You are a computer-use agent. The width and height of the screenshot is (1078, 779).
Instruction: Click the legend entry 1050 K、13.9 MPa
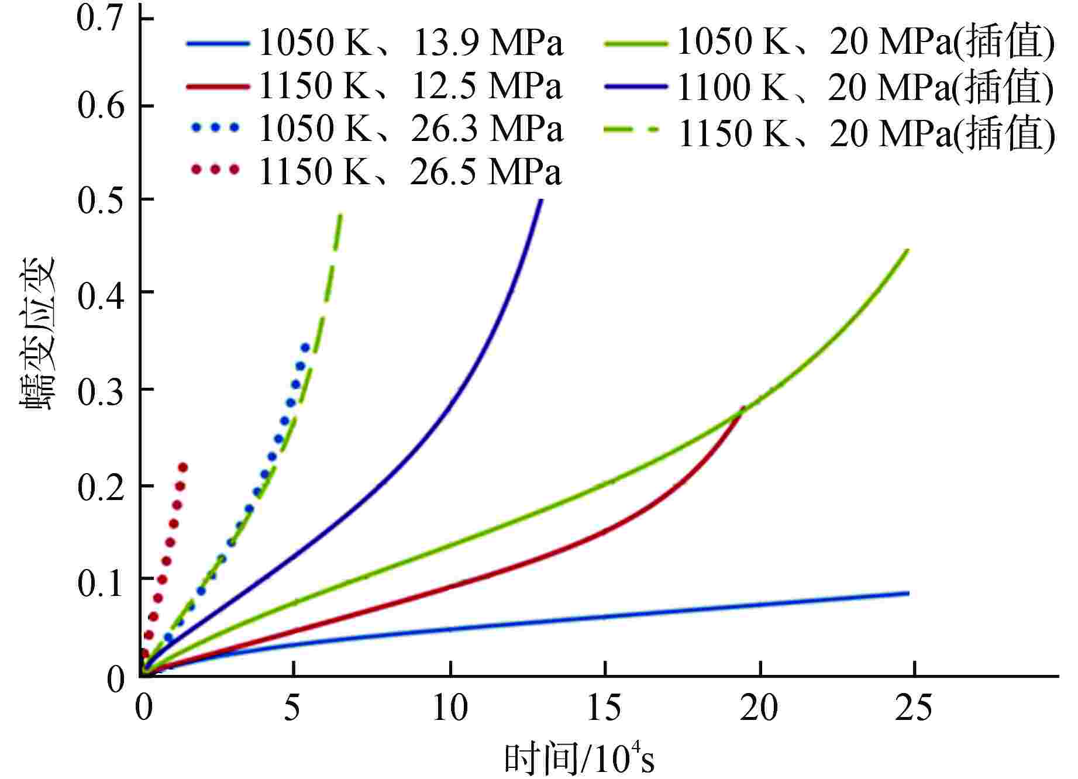(x=411, y=43)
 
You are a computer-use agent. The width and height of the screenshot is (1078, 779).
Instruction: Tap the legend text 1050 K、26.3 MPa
(x=411, y=129)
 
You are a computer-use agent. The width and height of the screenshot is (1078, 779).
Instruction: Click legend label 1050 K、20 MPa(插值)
(x=866, y=43)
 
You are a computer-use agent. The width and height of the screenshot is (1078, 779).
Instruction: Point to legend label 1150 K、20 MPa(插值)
(x=866, y=133)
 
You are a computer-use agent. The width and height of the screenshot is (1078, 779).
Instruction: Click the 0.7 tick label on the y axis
(x=100, y=18)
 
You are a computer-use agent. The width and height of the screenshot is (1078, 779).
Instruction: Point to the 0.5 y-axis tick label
(x=100, y=199)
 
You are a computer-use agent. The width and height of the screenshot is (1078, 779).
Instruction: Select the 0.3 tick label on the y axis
(x=100, y=389)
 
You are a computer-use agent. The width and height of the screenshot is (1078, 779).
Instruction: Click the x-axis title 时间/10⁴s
(x=579, y=760)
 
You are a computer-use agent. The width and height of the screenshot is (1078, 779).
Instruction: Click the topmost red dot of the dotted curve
(x=182, y=467)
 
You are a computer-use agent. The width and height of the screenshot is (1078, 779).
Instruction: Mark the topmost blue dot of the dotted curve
(x=305, y=347)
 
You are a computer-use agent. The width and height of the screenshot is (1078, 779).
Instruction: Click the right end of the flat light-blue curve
(x=908, y=593)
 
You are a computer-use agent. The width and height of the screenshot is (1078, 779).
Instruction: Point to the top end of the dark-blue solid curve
(x=540, y=201)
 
